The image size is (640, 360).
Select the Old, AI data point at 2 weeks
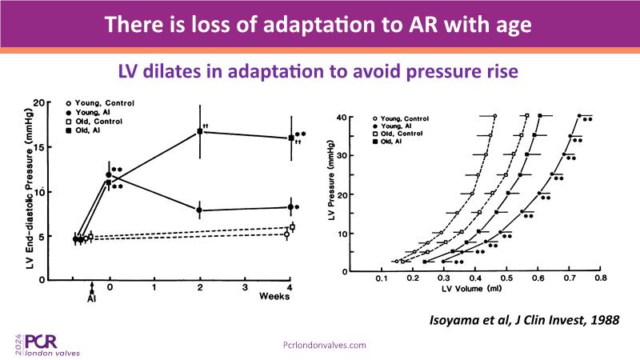[x=200, y=131]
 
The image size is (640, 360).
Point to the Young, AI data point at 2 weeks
[x=200, y=210]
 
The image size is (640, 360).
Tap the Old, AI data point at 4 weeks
[x=290, y=138]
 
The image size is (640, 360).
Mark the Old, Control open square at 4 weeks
[x=293, y=227]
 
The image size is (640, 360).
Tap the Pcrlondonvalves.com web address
[x=326, y=344]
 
